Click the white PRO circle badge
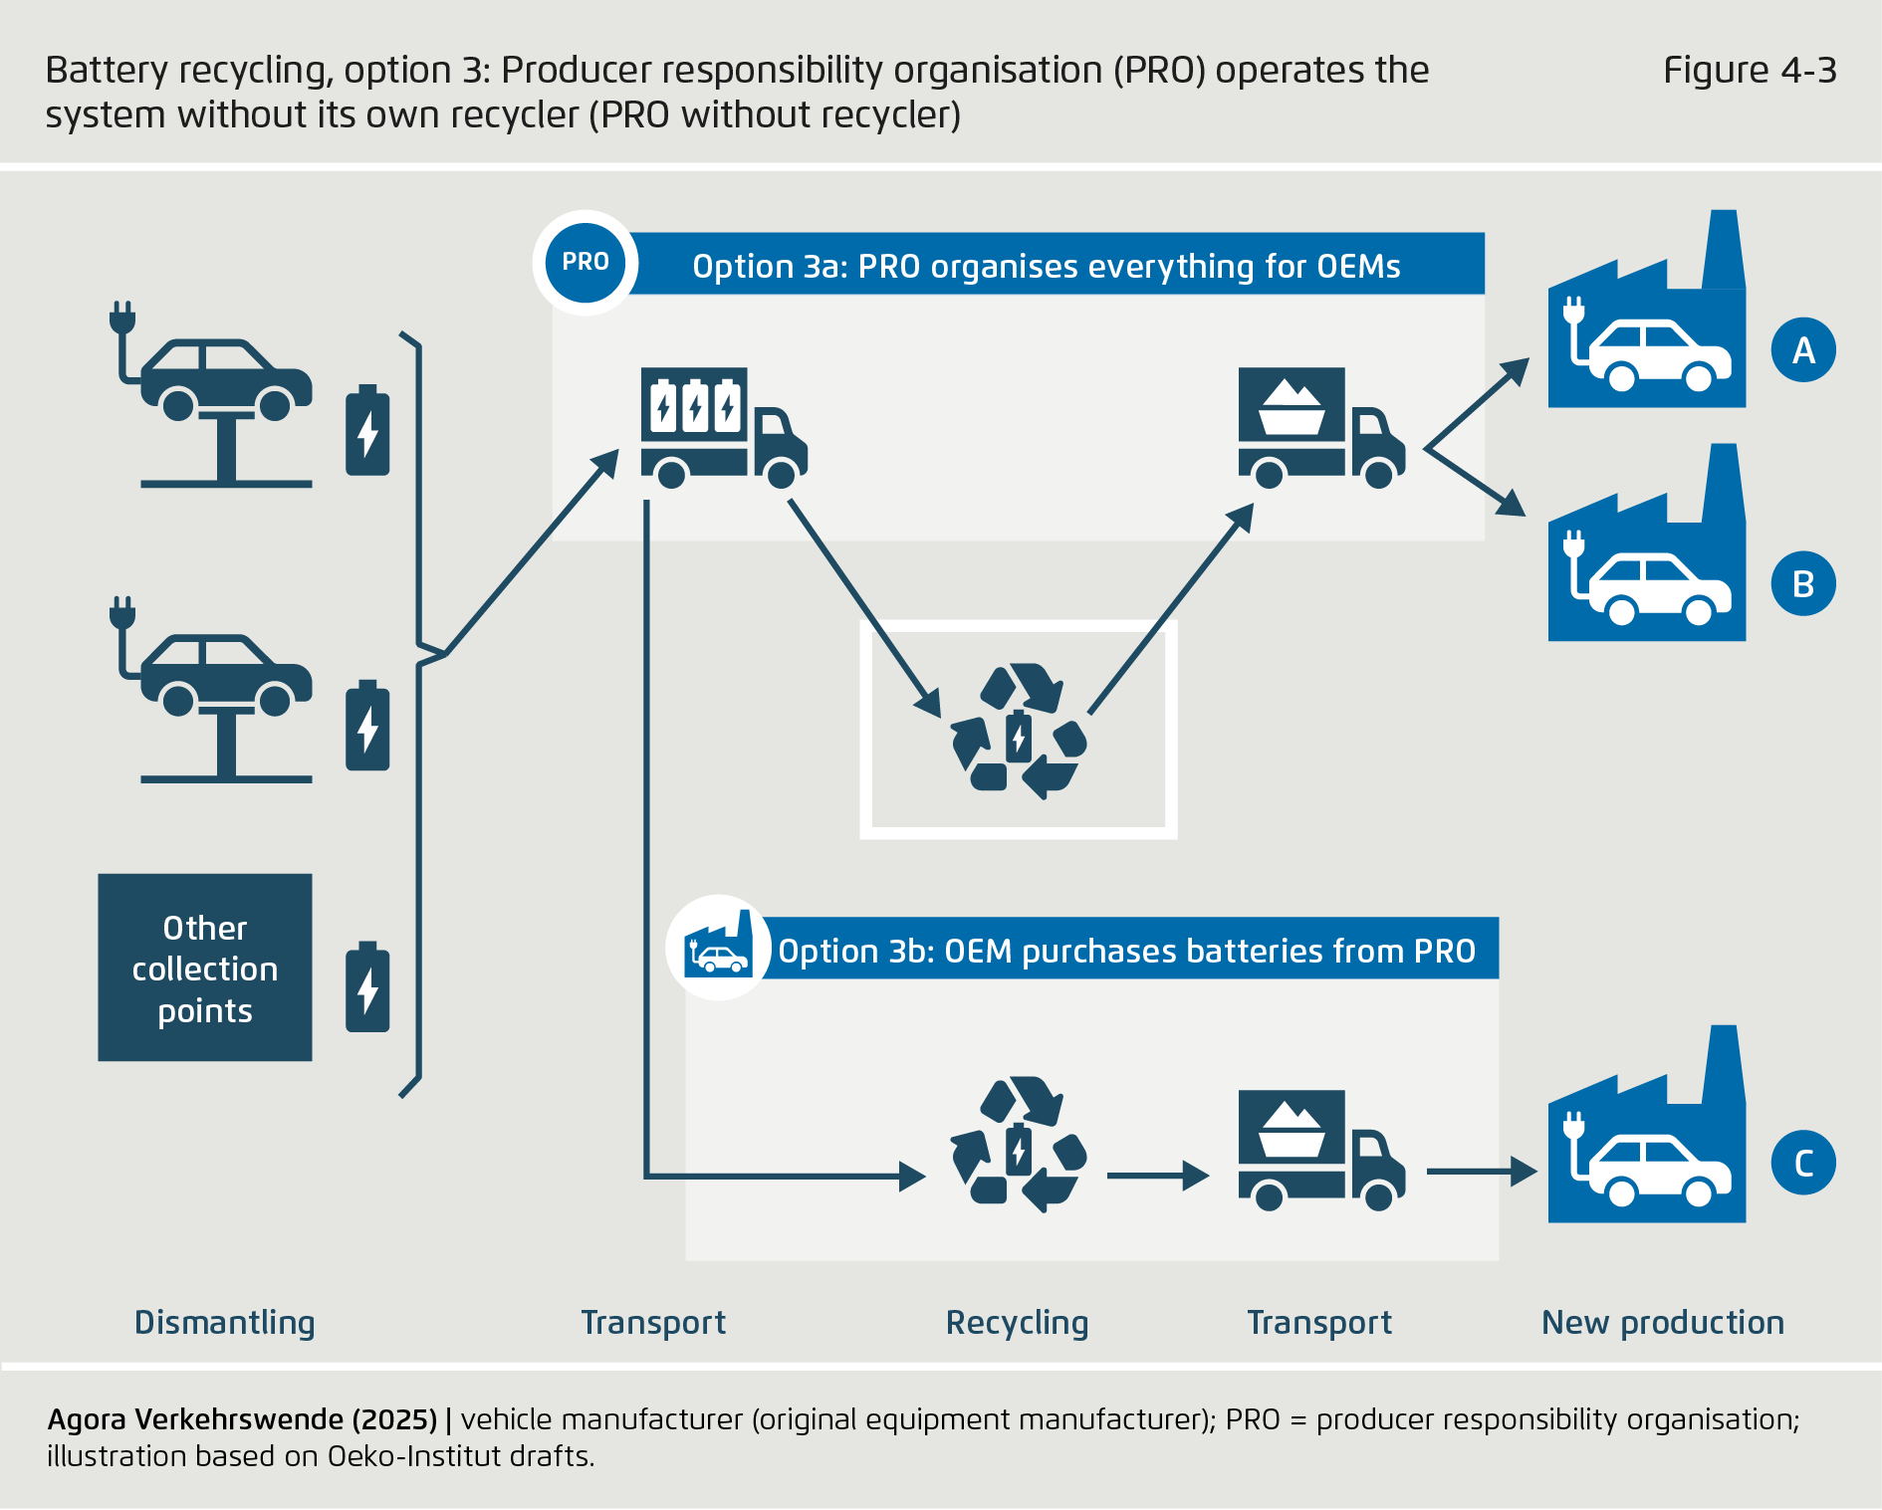pos(586,263)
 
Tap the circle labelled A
pos(1802,350)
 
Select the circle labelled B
pos(1802,583)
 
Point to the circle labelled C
pos(1802,1163)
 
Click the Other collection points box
pos(205,968)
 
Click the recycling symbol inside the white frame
pos(1018,733)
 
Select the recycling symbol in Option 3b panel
pos(1018,1145)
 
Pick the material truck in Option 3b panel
pos(1320,1150)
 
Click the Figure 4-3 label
pos(1749,71)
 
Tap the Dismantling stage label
pos(224,1322)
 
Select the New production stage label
pos(1662,1322)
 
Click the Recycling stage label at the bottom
pos(1017,1322)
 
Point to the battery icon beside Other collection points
pos(367,987)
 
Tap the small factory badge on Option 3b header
pos(718,948)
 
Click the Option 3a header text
pos(1046,267)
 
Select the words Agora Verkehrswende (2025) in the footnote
pos(242,1419)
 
